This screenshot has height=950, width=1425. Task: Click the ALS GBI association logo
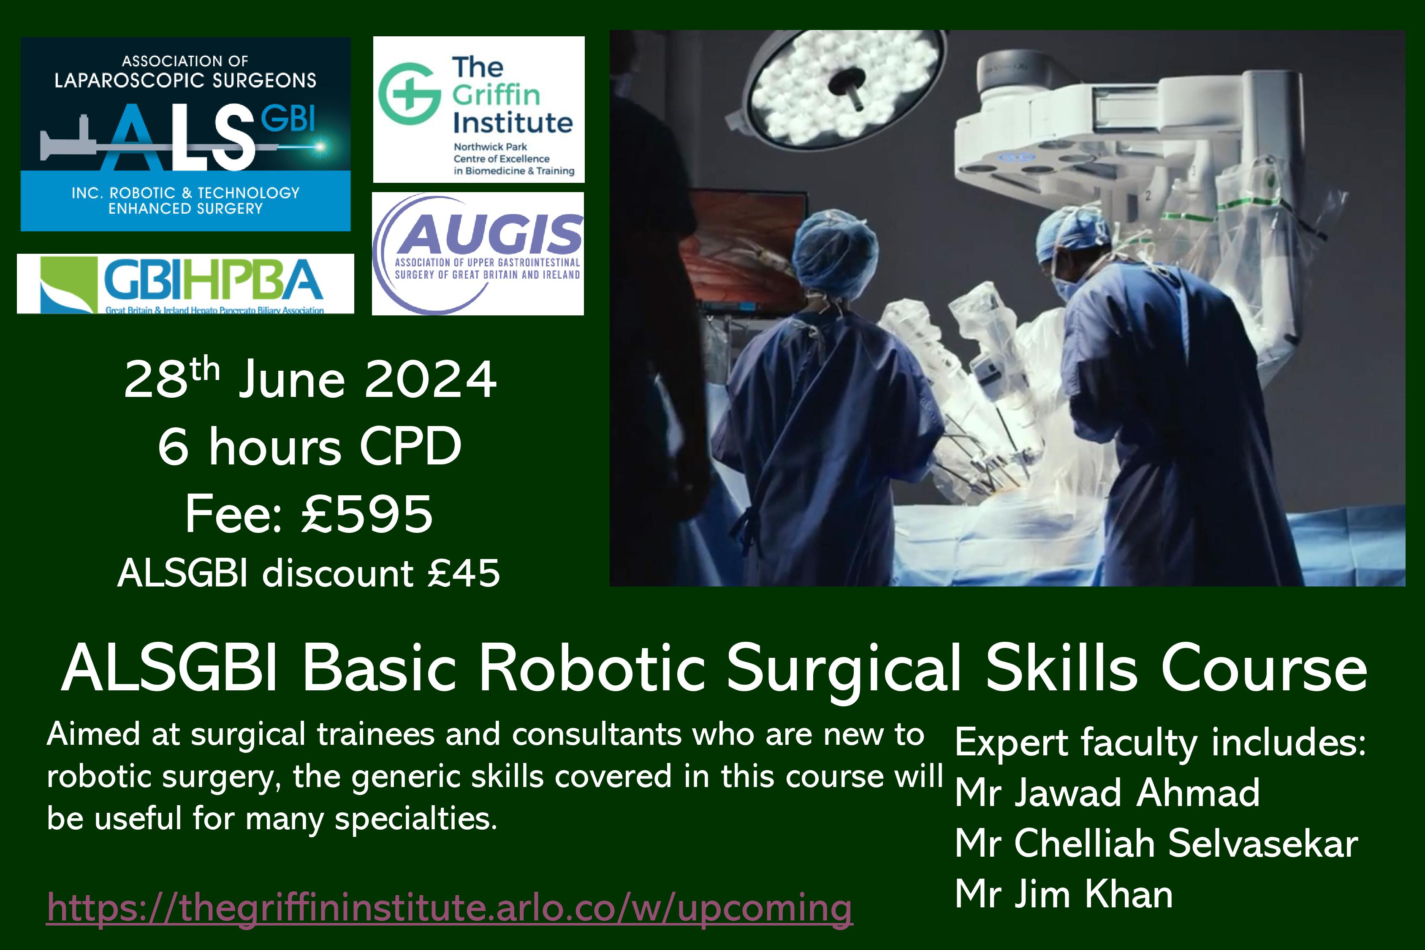pos(185,134)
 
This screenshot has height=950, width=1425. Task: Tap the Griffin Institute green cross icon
pos(409,93)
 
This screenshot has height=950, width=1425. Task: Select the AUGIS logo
pos(478,253)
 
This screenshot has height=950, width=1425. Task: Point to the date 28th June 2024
pos(310,379)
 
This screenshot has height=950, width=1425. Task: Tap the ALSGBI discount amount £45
pos(464,573)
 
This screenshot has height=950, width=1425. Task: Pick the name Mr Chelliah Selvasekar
pos(1156,843)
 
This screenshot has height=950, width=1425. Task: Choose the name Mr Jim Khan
pos(1064,894)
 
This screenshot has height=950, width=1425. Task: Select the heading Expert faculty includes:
pos(1160,742)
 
